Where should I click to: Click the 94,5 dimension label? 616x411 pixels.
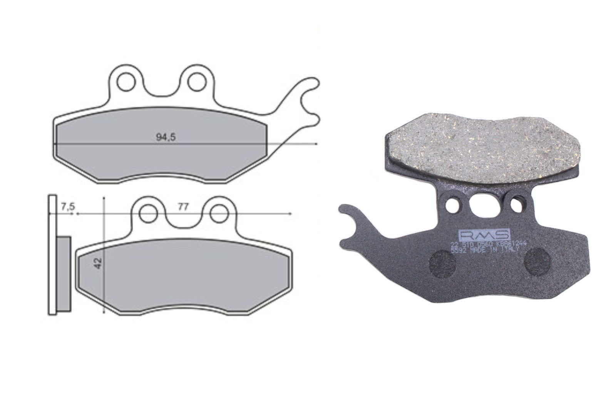(166, 137)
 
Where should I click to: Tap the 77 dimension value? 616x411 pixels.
(183, 207)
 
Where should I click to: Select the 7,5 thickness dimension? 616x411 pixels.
(68, 207)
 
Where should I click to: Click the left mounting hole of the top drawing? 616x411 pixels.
(125, 82)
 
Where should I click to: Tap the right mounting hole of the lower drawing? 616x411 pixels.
(218, 213)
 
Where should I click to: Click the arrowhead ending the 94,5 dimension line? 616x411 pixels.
(316, 144)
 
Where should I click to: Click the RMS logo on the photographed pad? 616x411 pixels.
(484, 235)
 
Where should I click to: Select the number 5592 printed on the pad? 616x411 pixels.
(458, 250)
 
